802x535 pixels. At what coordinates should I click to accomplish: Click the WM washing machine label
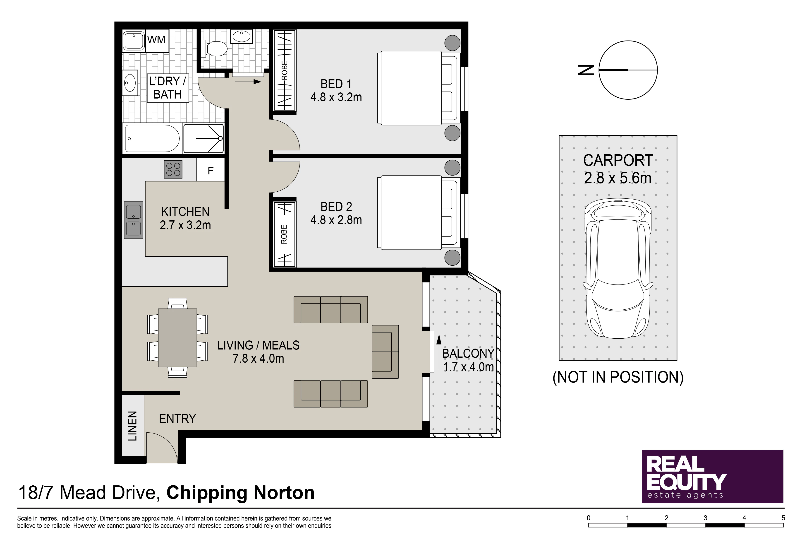(x=156, y=40)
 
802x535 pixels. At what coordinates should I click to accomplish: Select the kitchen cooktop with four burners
(x=173, y=169)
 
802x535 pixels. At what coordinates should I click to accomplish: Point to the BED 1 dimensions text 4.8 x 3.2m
(x=336, y=97)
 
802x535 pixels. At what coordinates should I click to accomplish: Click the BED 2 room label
(x=336, y=207)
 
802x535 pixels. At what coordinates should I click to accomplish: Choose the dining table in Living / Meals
(x=177, y=337)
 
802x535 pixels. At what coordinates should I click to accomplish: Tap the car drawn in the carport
(x=618, y=269)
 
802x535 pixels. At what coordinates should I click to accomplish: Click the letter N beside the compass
(x=587, y=70)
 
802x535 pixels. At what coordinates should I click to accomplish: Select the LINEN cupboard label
(x=132, y=426)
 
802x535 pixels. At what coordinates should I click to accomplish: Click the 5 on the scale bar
(x=783, y=518)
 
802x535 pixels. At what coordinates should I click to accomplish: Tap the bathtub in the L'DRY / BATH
(x=152, y=138)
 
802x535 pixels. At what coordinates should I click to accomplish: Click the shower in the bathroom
(x=203, y=138)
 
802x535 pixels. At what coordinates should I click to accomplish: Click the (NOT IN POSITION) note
(x=618, y=377)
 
